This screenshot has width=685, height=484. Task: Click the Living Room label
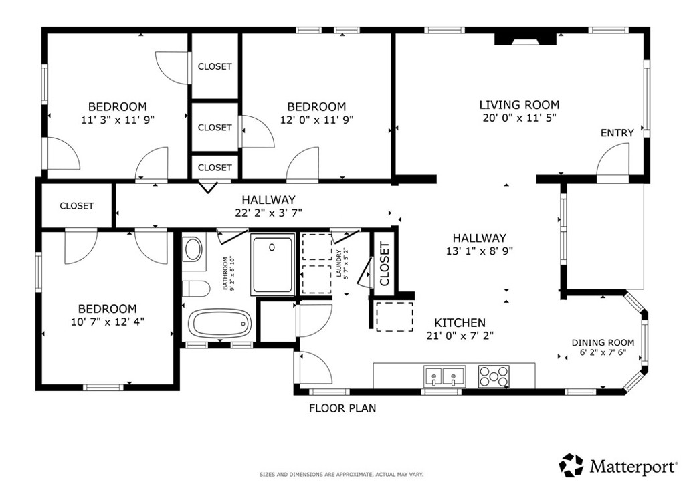click(x=519, y=105)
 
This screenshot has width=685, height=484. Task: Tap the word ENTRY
click(x=617, y=133)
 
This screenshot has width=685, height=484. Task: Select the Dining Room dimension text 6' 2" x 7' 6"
click(x=603, y=352)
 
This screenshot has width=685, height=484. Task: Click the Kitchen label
click(x=460, y=322)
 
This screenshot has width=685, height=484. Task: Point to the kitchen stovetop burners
click(x=494, y=376)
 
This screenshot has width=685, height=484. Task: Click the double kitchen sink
click(x=444, y=376)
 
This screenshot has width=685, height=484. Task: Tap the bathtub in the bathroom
click(x=219, y=324)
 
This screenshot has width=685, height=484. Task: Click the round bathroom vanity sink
click(x=193, y=249)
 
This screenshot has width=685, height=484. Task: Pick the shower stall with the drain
click(x=273, y=265)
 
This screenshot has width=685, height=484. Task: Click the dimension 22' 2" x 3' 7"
click(x=269, y=213)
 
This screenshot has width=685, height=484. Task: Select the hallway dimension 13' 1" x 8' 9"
click(x=479, y=251)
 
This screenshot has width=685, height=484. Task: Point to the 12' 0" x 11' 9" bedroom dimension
click(x=316, y=120)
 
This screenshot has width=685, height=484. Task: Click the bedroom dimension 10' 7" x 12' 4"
click(x=108, y=322)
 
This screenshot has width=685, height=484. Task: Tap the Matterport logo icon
click(x=571, y=465)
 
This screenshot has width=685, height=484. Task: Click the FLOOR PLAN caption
click(x=342, y=408)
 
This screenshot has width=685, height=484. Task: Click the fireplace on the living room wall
click(x=525, y=39)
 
